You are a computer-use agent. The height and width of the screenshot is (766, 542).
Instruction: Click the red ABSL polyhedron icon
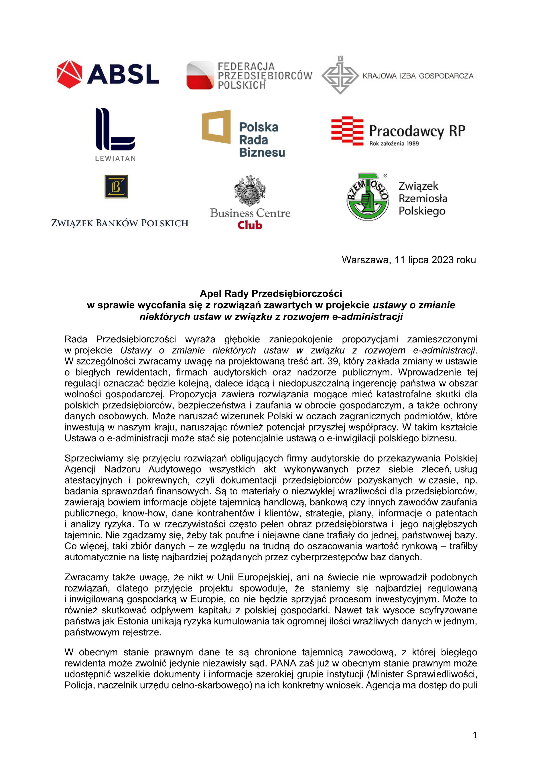[x=69, y=74]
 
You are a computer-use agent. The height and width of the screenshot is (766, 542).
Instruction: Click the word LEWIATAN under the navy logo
[x=115, y=158]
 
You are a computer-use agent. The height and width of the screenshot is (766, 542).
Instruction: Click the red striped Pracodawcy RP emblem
[x=347, y=131]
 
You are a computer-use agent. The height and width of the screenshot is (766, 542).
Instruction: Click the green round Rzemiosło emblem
[x=367, y=197]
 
